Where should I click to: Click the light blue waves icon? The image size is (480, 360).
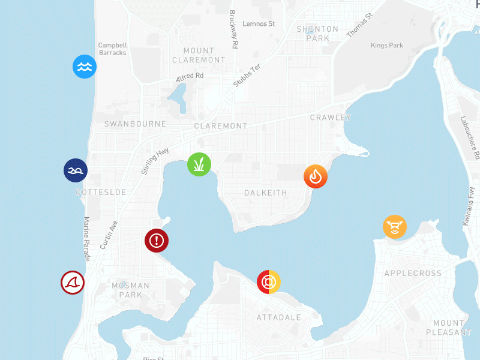pos(85,67)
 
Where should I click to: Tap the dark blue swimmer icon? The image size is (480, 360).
pos(76,170)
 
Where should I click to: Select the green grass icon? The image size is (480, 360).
pos(199,164)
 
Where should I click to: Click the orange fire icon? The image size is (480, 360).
pos(316,176)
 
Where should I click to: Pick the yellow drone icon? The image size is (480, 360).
pos(395,227)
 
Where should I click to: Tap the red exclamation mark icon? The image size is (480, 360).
pos(157,241)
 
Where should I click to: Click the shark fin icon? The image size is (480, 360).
pos(73,283)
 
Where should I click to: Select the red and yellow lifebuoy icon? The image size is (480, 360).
pos(269,281)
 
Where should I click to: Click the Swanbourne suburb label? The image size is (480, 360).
pos(135,124)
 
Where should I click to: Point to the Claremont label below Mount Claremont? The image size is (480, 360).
pos(221,126)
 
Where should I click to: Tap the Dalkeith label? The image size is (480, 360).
pos(266,193)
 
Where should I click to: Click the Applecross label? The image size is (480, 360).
pos(413,274)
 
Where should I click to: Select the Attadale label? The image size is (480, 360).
pos(278,317)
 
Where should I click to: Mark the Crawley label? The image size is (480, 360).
pos(330,118)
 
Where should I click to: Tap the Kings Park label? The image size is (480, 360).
pos(387,46)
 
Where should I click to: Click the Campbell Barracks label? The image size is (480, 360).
pos(112,49)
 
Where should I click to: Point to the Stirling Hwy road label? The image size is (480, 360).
pos(155,160)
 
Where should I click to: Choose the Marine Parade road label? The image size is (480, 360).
pos(86,239)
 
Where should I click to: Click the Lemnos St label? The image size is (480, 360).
pos(259,24)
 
